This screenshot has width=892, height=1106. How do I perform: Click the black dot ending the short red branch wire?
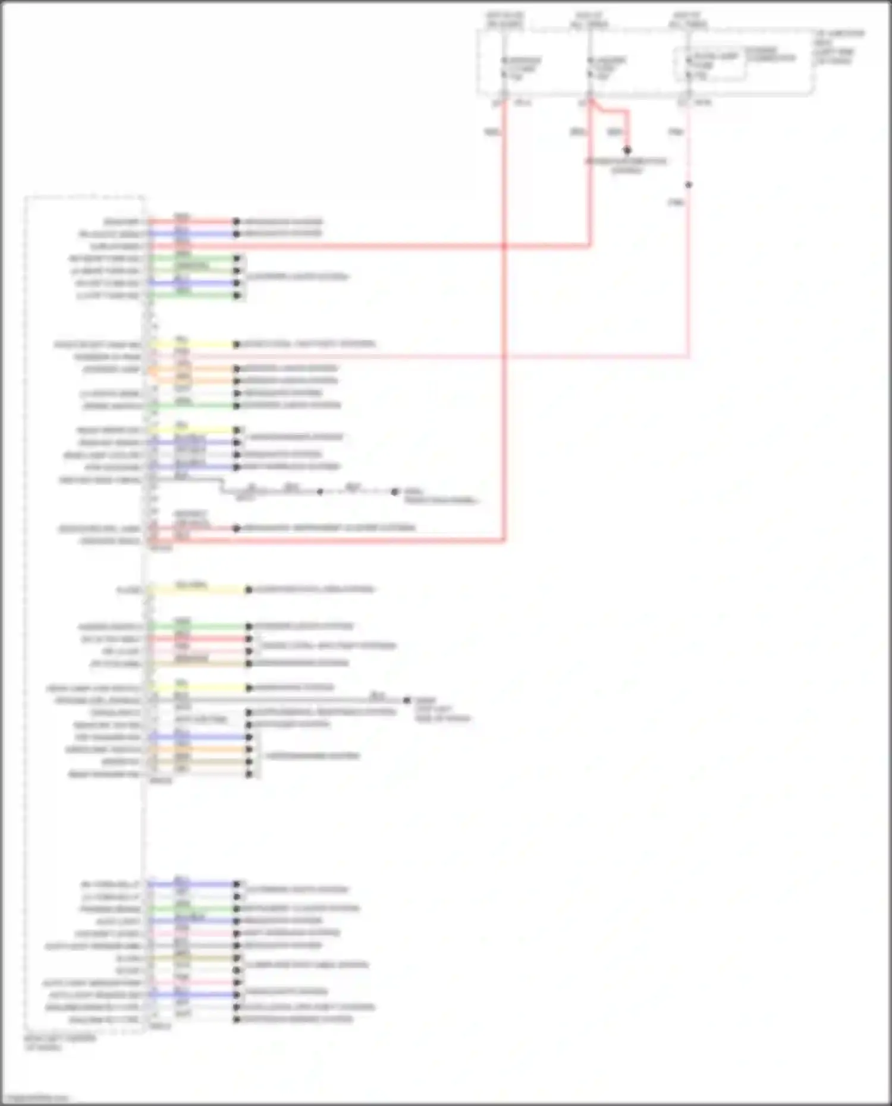pos(627,150)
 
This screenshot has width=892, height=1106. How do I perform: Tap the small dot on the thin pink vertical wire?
pos(688,185)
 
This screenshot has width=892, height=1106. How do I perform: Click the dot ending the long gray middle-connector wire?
pos(407,700)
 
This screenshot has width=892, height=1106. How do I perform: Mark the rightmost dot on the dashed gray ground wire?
pos(394,491)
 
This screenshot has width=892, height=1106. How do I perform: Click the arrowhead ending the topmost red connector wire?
pos(236,221)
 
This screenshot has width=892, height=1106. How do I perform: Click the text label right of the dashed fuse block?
pos(839,47)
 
